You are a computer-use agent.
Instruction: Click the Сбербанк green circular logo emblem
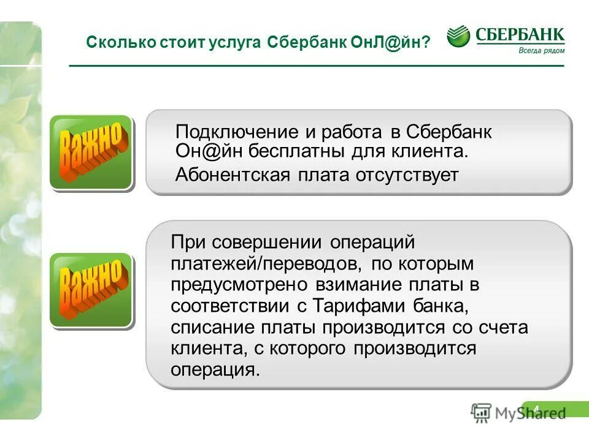(458, 37)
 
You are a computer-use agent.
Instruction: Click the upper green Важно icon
(91, 152)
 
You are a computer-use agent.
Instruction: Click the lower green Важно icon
(91, 289)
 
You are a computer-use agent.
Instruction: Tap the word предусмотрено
(241, 285)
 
